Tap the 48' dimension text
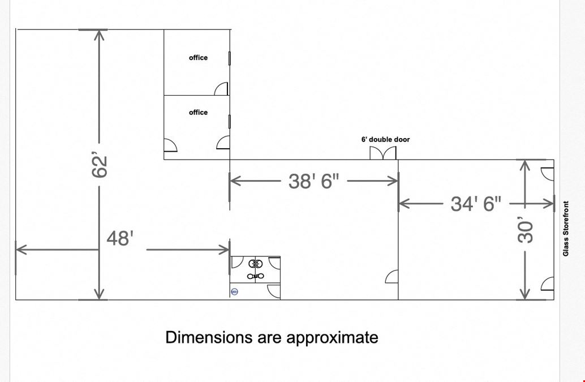click(x=120, y=238)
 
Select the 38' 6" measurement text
click(x=314, y=181)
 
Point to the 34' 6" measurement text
click(x=476, y=204)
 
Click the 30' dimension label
click(x=526, y=231)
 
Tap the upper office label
click(x=198, y=58)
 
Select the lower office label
click(x=198, y=112)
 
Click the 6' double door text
click(x=385, y=140)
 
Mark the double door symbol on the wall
click(x=383, y=153)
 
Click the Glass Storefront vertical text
click(x=566, y=229)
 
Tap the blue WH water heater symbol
click(x=235, y=291)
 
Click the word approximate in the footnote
click(x=332, y=338)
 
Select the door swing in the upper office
click(x=221, y=88)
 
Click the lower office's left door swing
click(x=170, y=145)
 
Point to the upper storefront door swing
click(x=547, y=174)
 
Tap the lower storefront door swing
click(x=547, y=284)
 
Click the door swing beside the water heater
click(x=274, y=291)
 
